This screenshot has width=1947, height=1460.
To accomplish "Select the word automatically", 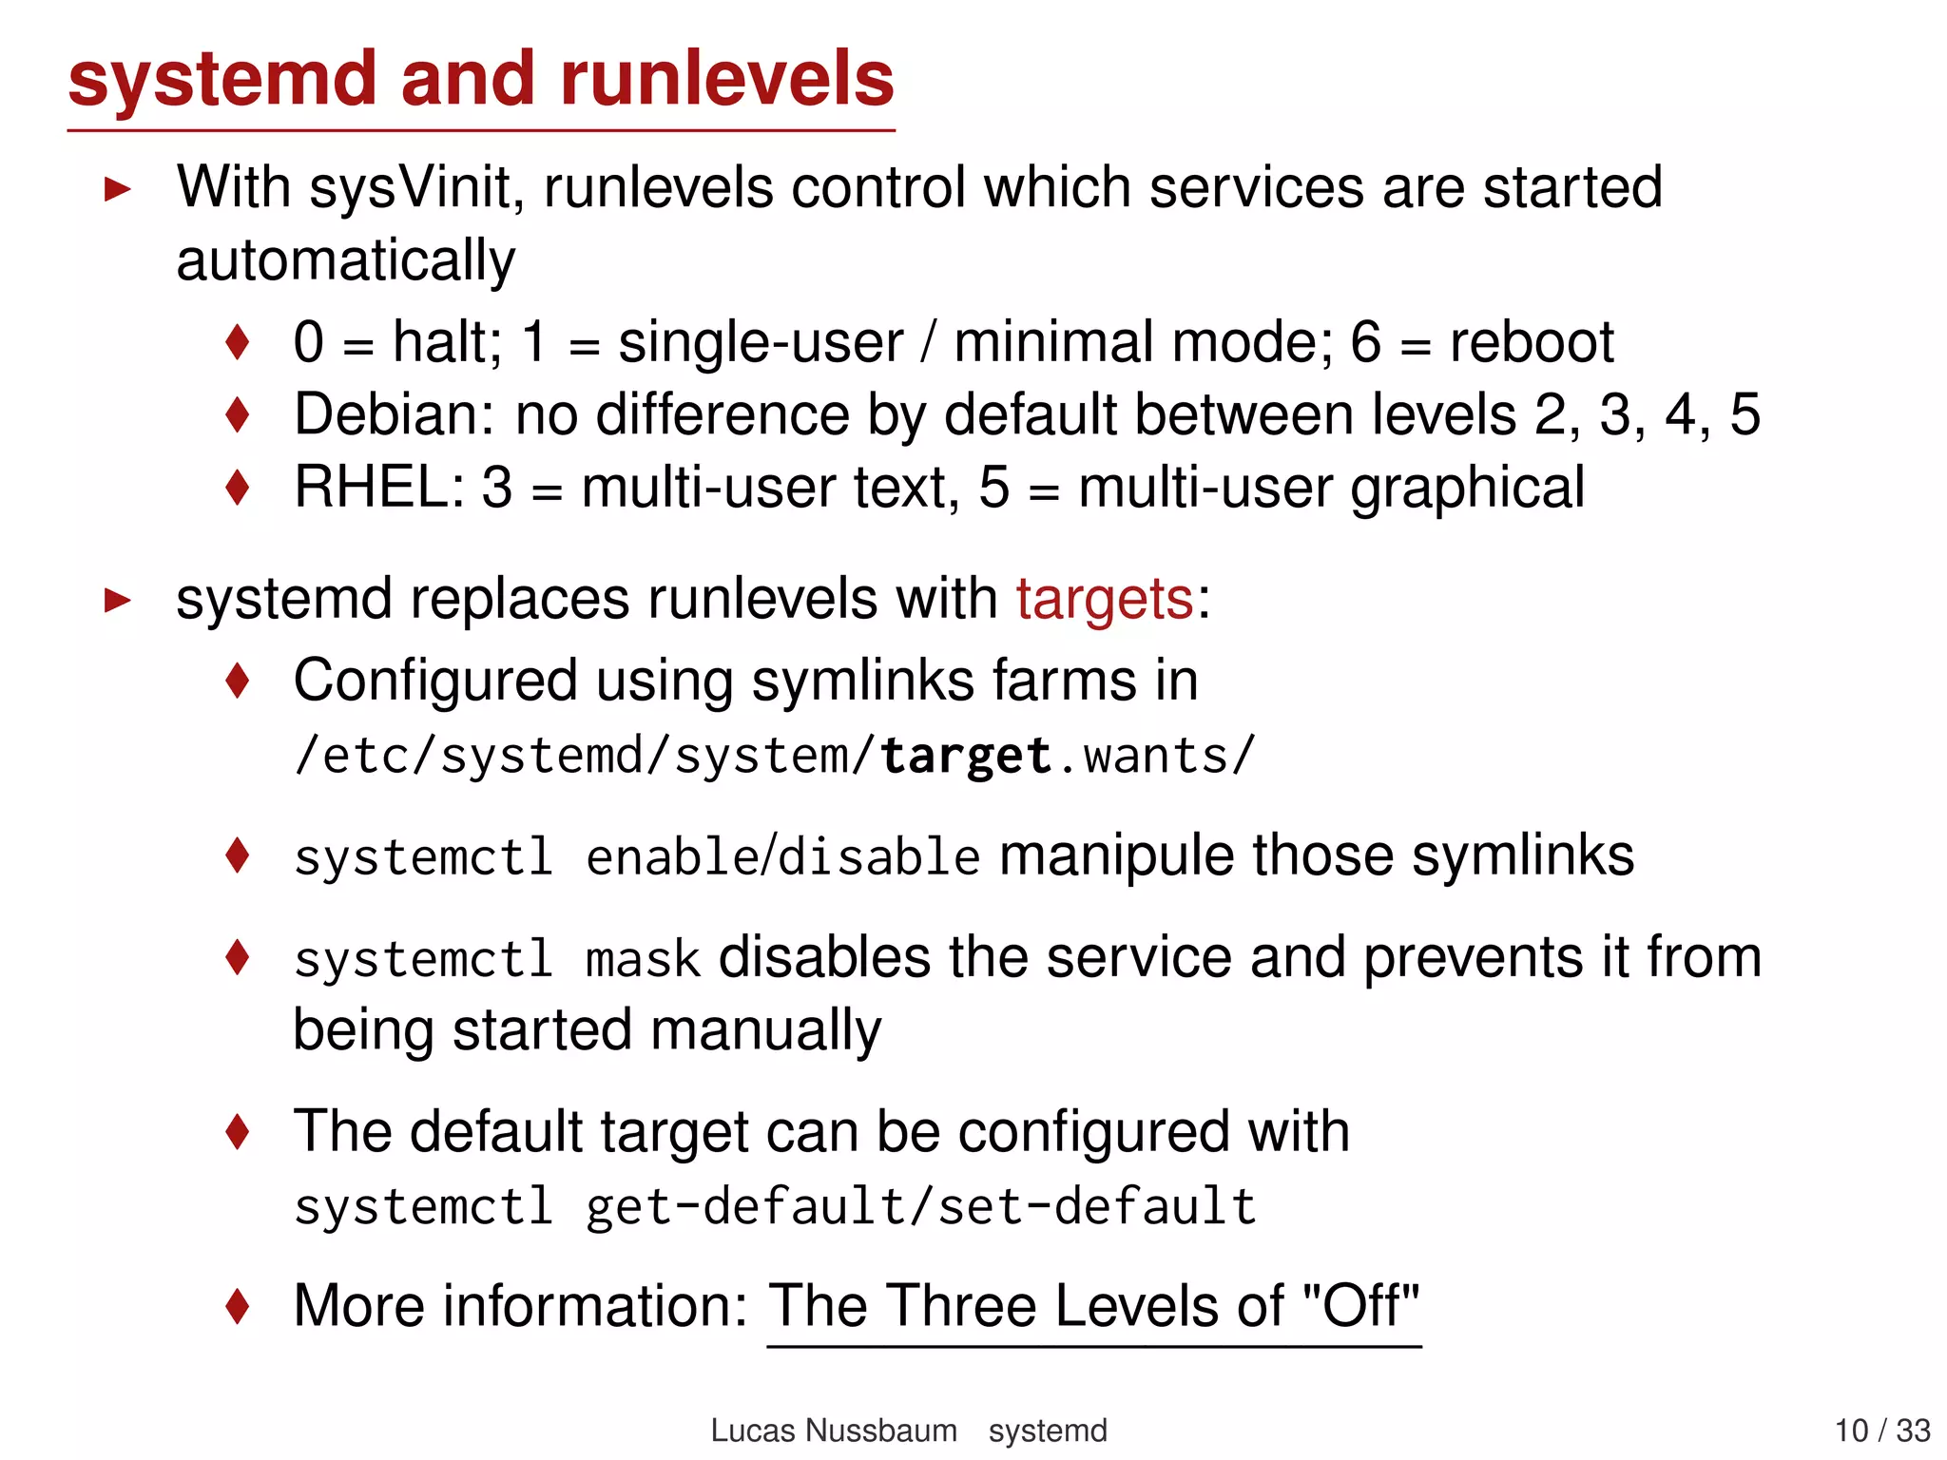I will click(346, 260).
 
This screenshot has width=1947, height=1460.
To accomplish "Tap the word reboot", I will click(1532, 342).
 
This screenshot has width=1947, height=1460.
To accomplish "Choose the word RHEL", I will click(378, 488).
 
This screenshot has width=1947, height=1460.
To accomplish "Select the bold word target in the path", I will click(965, 757).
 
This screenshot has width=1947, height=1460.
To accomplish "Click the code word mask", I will click(643, 959).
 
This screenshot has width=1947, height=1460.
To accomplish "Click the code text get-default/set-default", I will click(920, 1207).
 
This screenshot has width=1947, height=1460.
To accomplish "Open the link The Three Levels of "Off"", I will click(1093, 1307).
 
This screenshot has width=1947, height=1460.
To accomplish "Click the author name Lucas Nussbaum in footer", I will click(834, 1431).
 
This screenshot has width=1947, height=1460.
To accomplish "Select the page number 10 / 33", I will click(1881, 1431).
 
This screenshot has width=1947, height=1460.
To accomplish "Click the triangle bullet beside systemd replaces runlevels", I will click(118, 600).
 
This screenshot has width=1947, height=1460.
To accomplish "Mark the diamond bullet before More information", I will click(238, 1306).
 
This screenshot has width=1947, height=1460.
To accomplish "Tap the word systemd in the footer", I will click(1048, 1431).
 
